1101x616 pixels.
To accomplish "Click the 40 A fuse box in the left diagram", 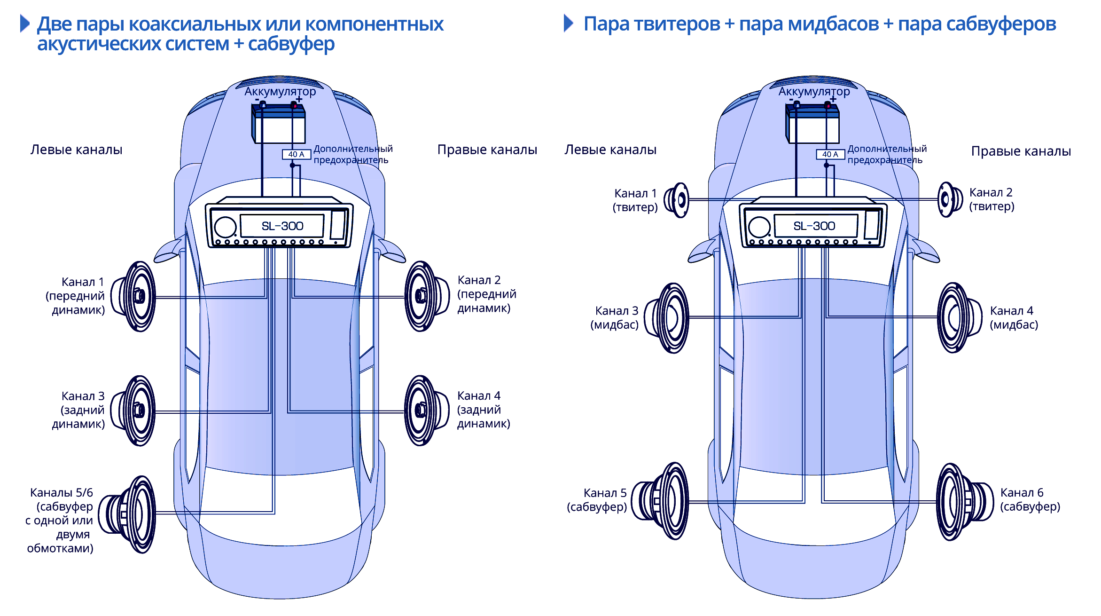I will coord(296,154).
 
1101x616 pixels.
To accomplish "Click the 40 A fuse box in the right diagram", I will coord(830,154).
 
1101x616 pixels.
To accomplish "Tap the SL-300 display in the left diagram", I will coord(282,226).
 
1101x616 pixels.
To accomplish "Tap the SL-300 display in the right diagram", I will coord(815,226).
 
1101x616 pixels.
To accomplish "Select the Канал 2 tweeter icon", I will coord(949,200).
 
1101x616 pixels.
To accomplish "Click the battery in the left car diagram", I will coord(279,124).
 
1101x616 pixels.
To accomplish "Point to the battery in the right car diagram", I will coord(812,124).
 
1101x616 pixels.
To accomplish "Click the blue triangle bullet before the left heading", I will coord(25,24).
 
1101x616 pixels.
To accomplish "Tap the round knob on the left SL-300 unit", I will coord(226,227).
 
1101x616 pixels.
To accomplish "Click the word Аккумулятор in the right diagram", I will coord(814,91).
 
